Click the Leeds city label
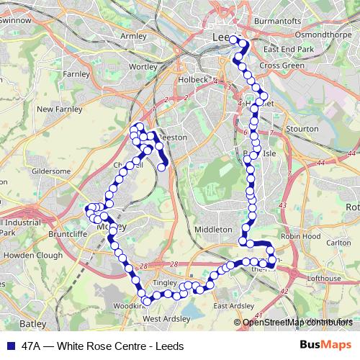pyautogui.click(x=224, y=36)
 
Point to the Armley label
pyautogui.click(x=134, y=35)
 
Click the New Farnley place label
pyautogui.click(x=56, y=109)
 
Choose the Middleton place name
pyautogui.click(x=215, y=229)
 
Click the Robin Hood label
pyautogui.click(x=301, y=235)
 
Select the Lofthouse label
pyautogui.click(x=323, y=278)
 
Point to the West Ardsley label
pyautogui.click(x=166, y=318)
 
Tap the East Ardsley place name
pyautogui.click(x=234, y=305)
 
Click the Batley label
pyautogui.click(x=32, y=324)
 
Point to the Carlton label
pyautogui.click(x=338, y=243)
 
